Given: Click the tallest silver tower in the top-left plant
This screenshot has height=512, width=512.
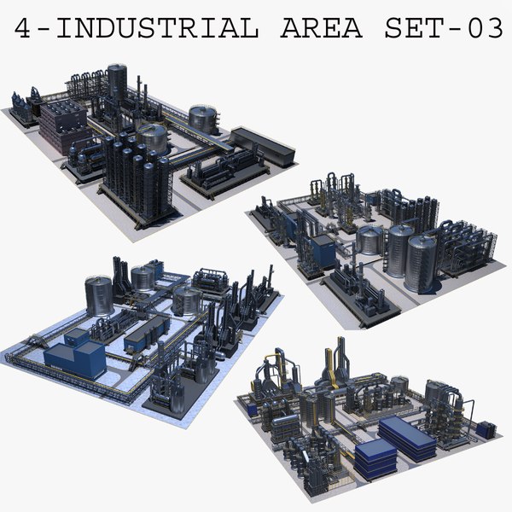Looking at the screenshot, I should (x=117, y=84).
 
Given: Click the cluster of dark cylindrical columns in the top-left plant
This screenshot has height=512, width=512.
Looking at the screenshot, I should (x=137, y=175).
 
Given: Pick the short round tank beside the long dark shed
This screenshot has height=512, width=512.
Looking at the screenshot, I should (x=203, y=119).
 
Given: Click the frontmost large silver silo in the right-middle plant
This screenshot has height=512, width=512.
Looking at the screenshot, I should (x=421, y=262).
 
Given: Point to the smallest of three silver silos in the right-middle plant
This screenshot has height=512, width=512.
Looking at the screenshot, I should (x=369, y=241).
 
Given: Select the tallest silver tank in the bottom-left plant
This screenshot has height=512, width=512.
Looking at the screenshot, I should (x=99, y=295).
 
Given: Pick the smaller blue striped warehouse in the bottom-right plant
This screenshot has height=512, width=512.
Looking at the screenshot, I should (x=373, y=461).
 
